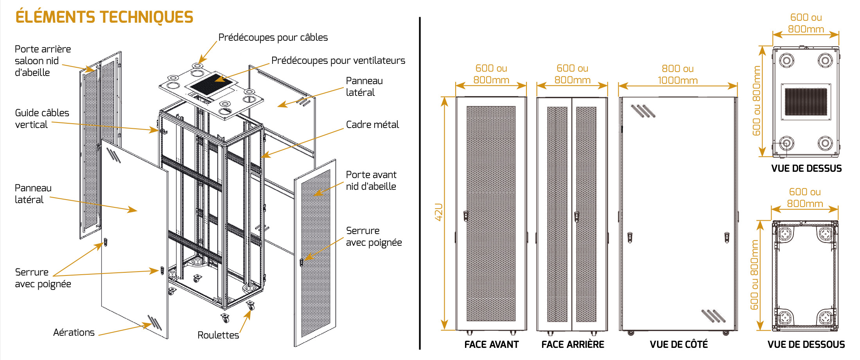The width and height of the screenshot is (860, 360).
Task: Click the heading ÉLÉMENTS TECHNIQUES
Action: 104,17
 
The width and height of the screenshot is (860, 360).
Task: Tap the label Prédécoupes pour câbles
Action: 273,38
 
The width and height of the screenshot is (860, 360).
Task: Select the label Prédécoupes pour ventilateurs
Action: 338,61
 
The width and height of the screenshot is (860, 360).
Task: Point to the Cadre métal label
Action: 372,125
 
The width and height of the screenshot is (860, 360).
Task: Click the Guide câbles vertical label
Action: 42,119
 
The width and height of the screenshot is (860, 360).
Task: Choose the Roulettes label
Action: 218,335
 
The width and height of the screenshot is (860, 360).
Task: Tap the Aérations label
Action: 74,333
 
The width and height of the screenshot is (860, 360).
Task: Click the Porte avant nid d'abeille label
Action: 371,180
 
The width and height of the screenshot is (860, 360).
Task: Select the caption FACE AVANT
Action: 491,345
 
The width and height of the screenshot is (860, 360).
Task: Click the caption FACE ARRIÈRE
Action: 573,345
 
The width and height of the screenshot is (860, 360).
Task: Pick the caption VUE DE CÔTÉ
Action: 679,345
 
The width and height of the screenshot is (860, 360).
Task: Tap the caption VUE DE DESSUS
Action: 806,169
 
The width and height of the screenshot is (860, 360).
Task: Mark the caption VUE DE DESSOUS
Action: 806,345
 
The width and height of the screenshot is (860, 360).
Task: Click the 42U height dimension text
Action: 439,212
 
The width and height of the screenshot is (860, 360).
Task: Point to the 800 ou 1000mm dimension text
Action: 678,75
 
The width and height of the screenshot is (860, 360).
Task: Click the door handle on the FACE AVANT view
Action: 466,216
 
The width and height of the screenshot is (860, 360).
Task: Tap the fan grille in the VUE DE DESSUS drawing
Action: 806,102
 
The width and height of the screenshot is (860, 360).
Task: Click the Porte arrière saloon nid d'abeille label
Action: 43,61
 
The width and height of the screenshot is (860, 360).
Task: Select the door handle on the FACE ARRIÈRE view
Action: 576,216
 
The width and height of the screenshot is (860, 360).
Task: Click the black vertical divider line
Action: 420,184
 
